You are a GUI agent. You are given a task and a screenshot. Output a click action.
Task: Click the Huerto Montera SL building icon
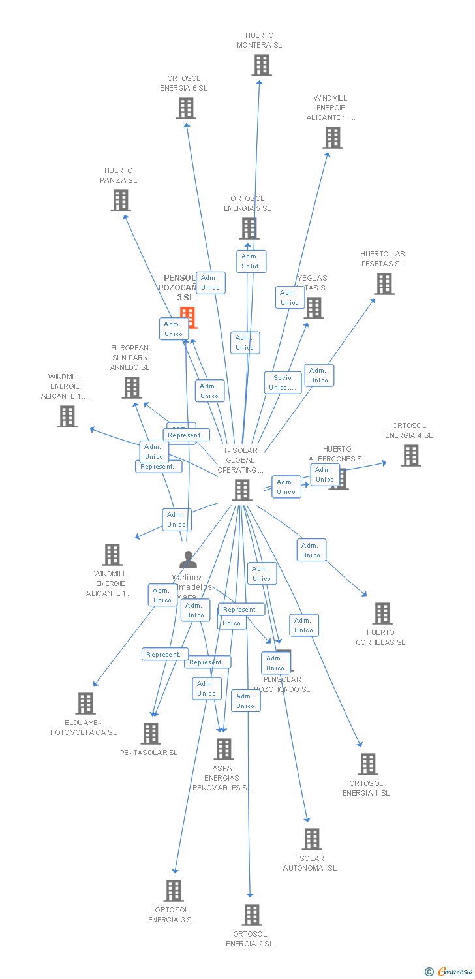click(x=262, y=65)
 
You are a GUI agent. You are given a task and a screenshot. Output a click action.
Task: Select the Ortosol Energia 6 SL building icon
click(x=186, y=108)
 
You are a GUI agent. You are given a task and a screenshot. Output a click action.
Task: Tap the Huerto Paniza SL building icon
click(x=121, y=200)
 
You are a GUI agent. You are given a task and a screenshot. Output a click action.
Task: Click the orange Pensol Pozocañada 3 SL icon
click(x=188, y=317)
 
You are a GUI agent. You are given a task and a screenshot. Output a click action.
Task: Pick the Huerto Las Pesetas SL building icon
click(x=384, y=284)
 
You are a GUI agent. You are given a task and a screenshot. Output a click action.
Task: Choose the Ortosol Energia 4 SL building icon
click(x=410, y=456)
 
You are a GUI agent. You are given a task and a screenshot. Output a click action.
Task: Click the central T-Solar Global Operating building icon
click(x=242, y=489)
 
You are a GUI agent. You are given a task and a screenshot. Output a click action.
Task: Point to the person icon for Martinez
click(x=188, y=560)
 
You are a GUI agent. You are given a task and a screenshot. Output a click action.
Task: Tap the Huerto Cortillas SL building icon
click(x=382, y=614)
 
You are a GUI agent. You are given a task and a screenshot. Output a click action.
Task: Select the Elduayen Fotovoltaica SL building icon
click(x=85, y=704)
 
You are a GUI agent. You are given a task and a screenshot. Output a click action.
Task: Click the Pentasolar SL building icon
click(x=151, y=734)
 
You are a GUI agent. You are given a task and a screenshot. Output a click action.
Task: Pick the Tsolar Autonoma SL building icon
click(x=312, y=839)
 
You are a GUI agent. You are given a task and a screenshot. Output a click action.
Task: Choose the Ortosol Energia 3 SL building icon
click(x=173, y=891)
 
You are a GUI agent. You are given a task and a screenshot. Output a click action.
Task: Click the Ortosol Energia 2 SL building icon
click(x=252, y=915)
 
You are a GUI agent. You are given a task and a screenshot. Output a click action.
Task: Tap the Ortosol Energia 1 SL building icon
click(x=368, y=764)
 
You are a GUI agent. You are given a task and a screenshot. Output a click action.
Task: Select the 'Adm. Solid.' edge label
click(x=251, y=261)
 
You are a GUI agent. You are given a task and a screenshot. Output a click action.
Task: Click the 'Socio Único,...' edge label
click(x=283, y=382)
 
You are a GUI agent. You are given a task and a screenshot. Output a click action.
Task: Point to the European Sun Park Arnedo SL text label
click(x=130, y=358)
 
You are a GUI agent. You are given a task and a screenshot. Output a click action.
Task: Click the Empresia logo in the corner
click(x=450, y=972)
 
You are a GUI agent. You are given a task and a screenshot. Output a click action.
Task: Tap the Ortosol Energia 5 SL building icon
click(x=249, y=228)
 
